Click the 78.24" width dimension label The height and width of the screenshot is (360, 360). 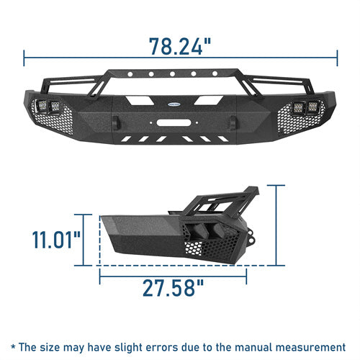[x=180, y=46]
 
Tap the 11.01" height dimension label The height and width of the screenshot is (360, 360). [x=56, y=239]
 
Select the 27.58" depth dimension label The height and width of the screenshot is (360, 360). [x=174, y=287]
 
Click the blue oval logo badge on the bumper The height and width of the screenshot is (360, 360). [x=174, y=104]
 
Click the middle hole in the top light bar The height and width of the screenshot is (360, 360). [x=172, y=74]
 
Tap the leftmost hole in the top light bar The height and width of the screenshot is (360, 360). [x=130, y=74]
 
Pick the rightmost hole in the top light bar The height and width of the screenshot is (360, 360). [x=215, y=73]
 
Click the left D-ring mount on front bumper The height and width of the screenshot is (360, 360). [x=117, y=122]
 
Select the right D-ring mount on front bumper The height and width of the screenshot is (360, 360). [x=233, y=122]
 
